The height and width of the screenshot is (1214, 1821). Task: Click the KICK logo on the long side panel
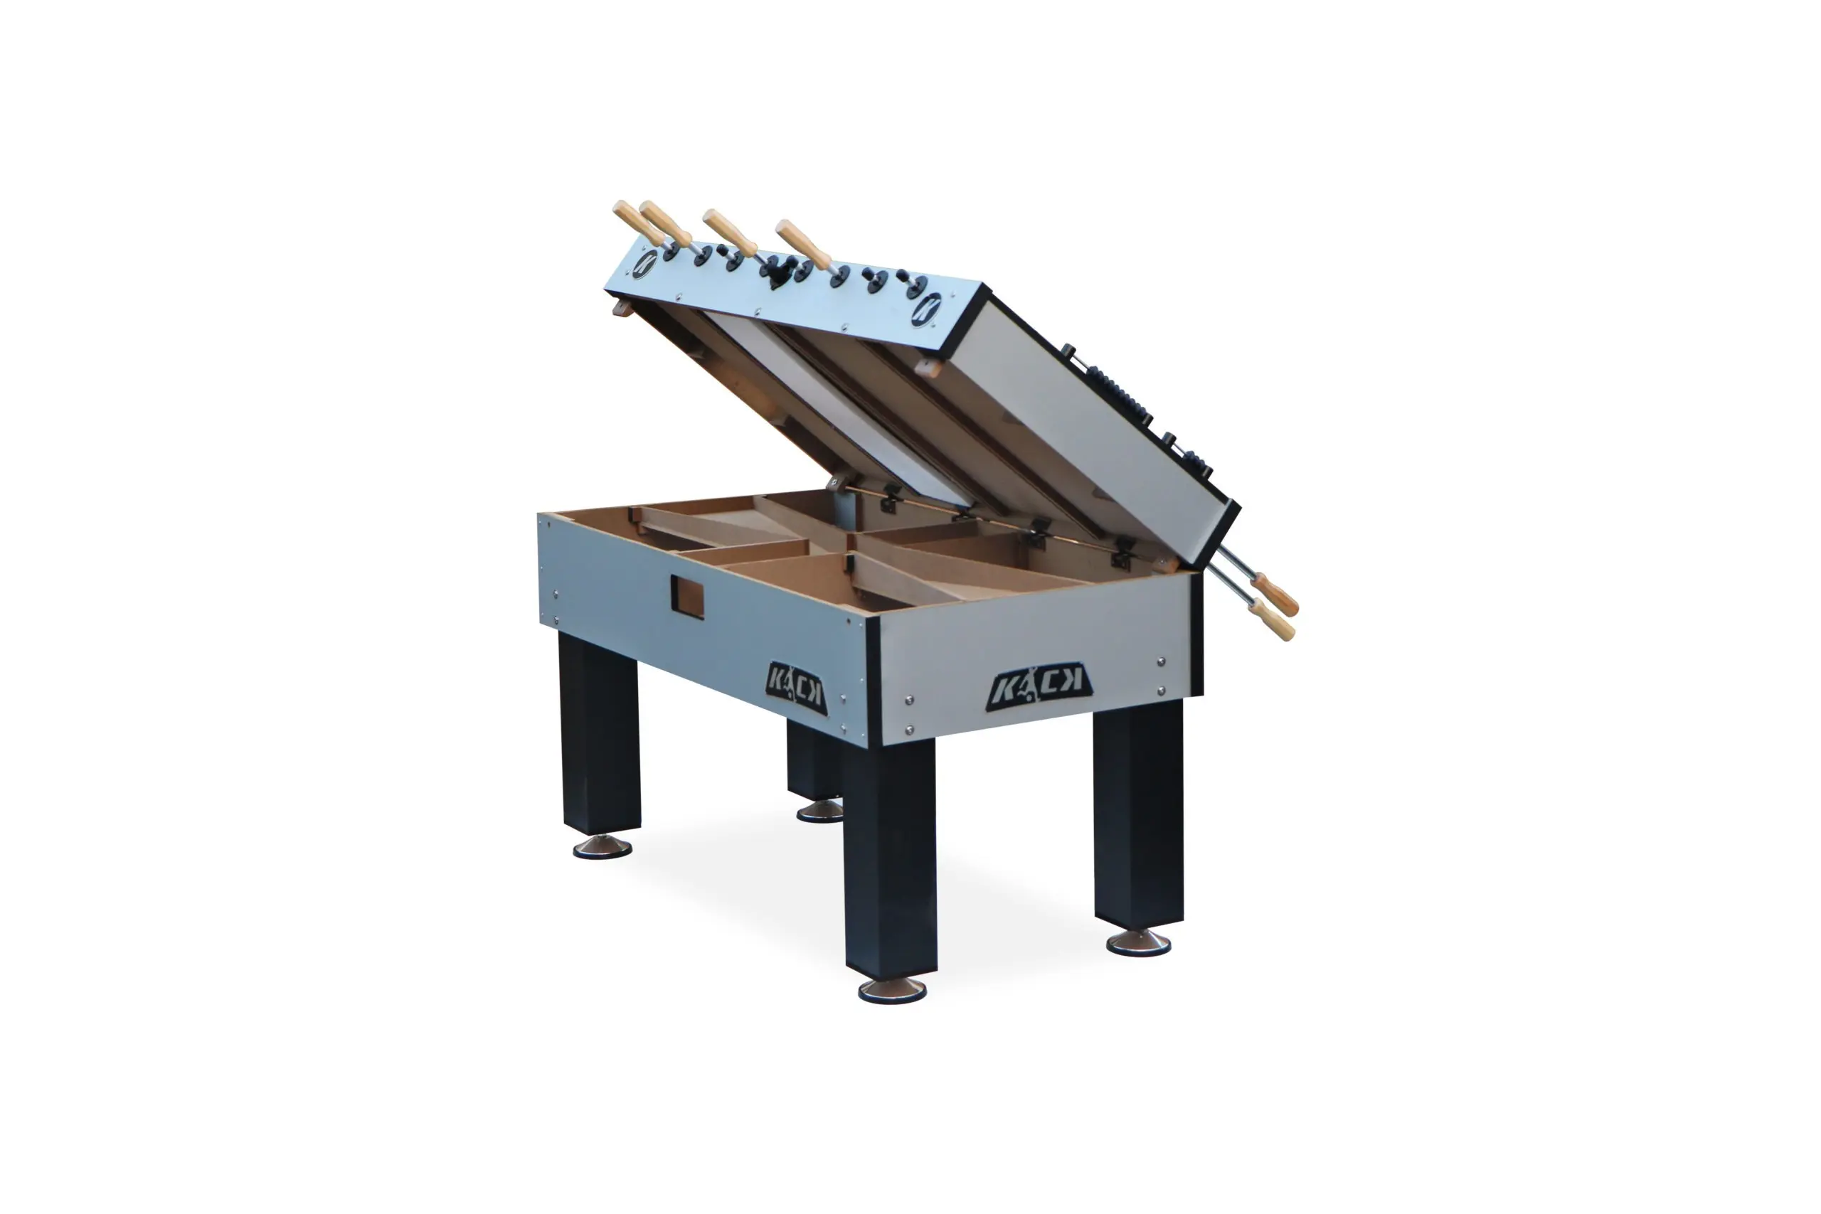(795, 688)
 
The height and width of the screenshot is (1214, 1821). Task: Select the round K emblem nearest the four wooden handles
(644, 265)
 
